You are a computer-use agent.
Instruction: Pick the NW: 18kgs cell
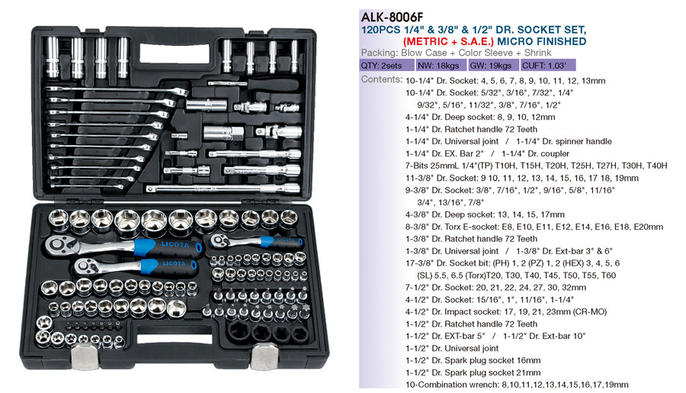438,66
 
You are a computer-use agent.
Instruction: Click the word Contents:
381,79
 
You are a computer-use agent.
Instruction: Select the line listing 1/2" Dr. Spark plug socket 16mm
473,360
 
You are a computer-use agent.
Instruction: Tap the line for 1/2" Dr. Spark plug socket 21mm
473,372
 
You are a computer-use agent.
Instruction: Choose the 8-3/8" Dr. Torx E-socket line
534,227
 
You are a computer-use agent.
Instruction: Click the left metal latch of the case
85,356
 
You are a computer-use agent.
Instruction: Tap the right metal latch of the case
264,356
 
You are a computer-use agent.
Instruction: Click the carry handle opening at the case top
175,55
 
